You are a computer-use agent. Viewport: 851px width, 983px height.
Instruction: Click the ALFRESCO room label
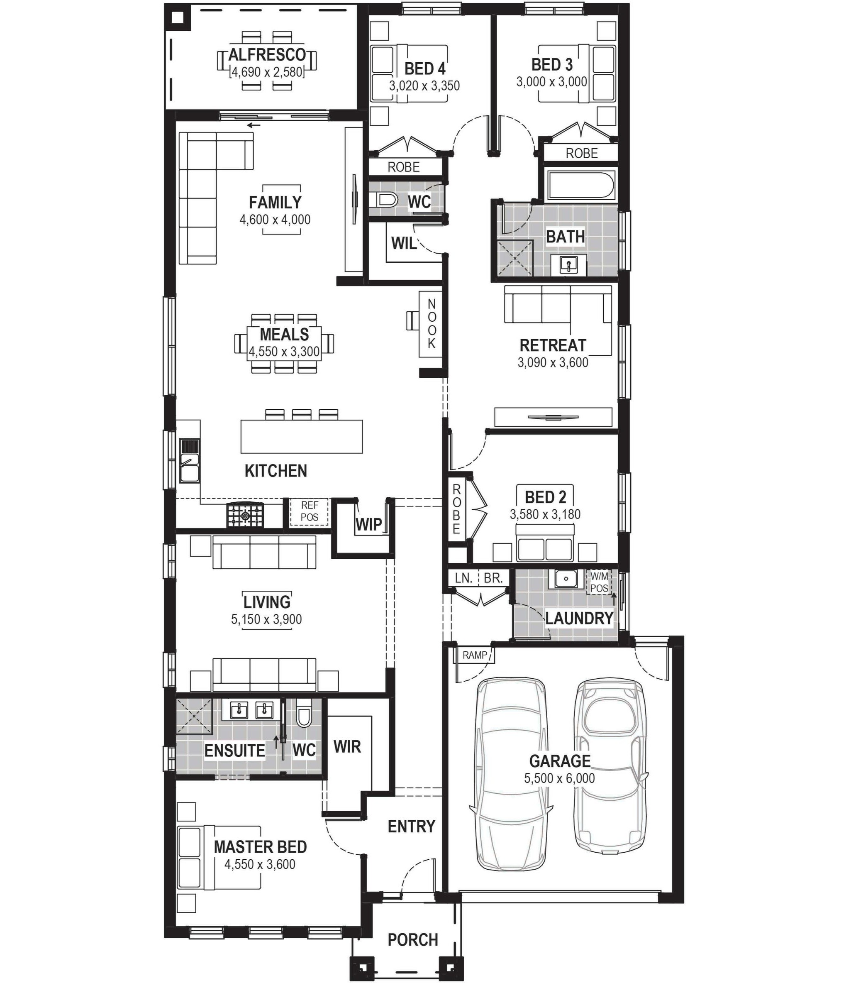tap(267, 55)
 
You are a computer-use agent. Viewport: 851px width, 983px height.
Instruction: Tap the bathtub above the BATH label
tap(581, 185)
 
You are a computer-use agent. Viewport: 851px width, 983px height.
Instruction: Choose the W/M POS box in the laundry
tap(599, 582)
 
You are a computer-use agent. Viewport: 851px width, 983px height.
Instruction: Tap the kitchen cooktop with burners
tap(244, 515)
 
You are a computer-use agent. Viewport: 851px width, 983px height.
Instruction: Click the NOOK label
tap(431, 324)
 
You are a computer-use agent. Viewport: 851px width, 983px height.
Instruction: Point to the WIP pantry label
tap(368, 525)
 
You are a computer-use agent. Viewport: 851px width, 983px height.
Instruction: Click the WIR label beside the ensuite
tap(347, 746)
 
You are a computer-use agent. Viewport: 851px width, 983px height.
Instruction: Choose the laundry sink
tap(566, 579)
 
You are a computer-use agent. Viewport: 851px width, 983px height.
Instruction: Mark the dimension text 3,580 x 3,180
tap(545, 514)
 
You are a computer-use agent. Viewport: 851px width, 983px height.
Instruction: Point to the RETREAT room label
tap(553, 345)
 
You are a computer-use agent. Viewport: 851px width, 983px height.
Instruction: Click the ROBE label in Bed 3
tap(582, 154)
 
